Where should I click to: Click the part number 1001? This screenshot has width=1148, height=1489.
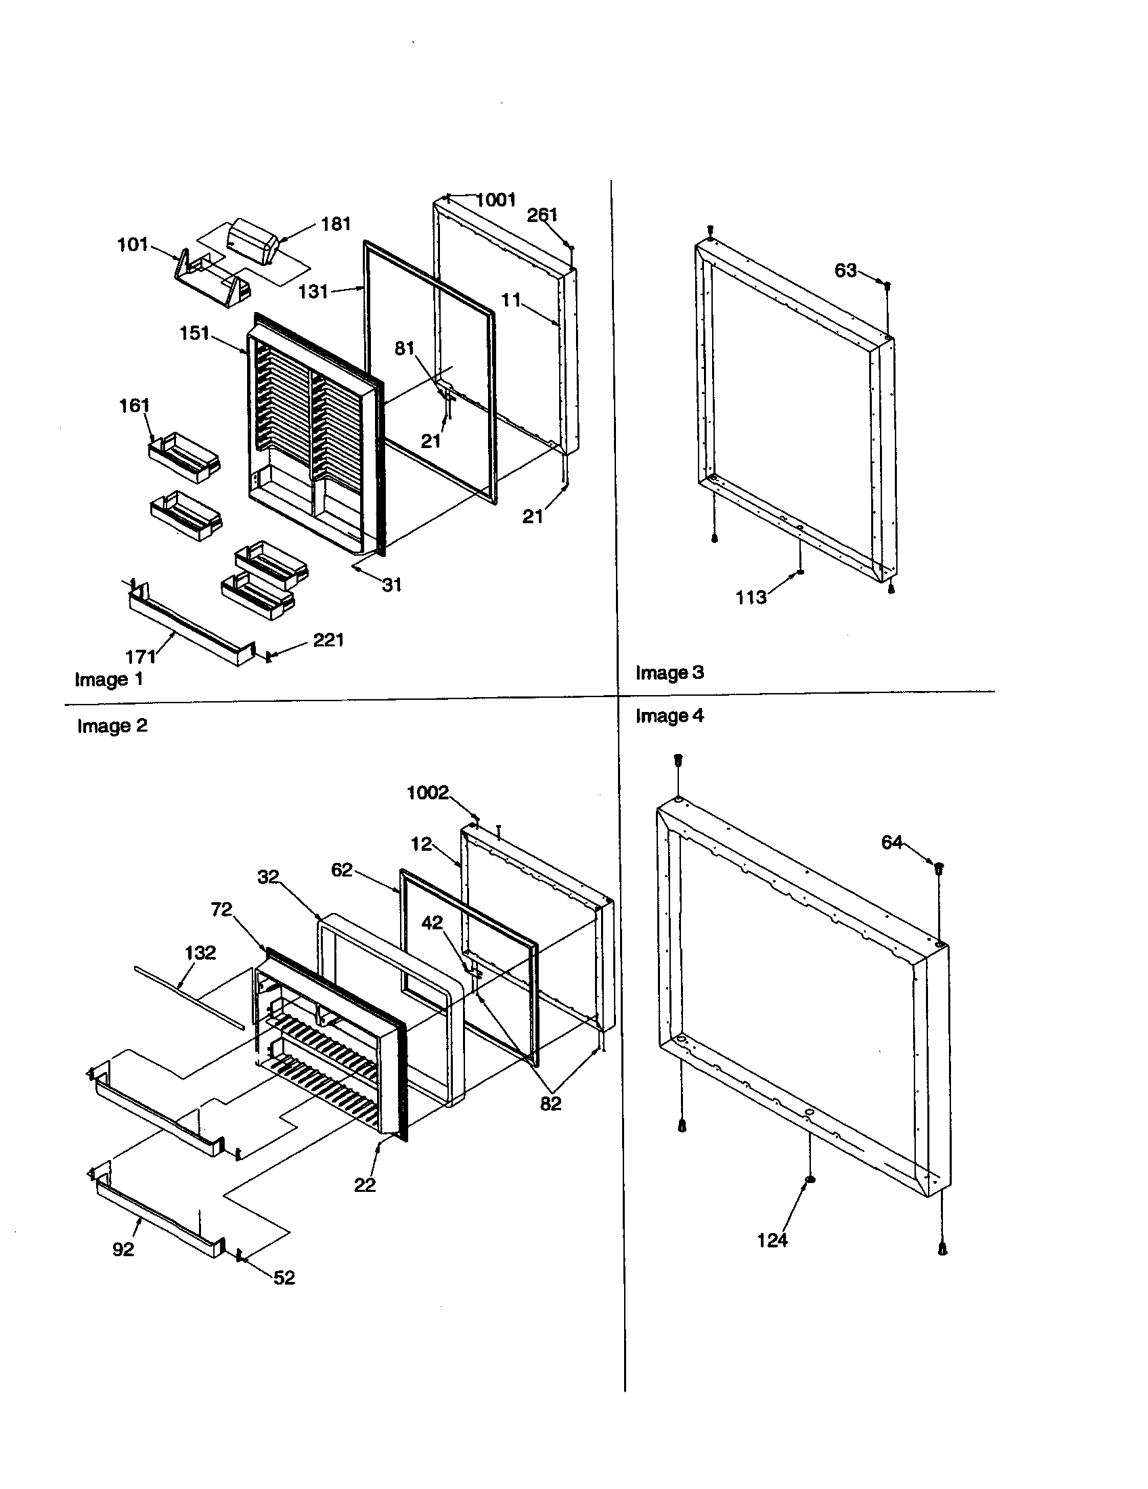point(496,200)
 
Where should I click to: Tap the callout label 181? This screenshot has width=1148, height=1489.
point(336,223)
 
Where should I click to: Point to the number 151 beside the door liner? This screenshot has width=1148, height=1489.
point(194,334)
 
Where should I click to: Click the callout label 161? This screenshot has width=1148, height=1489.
point(134,405)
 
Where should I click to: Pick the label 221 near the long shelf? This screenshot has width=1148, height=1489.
point(328,640)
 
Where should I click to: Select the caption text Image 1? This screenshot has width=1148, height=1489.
point(109,679)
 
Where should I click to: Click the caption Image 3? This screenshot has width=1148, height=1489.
point(669,672)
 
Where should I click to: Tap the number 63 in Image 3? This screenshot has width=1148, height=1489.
point(845,271)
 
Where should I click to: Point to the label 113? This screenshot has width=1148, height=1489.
point(751,597)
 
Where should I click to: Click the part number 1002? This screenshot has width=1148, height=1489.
point(428,793)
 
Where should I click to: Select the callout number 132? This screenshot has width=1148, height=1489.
point(200,952)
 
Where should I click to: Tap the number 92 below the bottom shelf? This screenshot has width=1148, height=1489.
point(123,1249)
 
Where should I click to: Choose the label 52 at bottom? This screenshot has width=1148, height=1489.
point(284,1278)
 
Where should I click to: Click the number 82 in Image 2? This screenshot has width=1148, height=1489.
point(550,1104)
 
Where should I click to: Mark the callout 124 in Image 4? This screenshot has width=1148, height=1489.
point(772,1240)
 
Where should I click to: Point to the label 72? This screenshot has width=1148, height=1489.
point(221,910)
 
